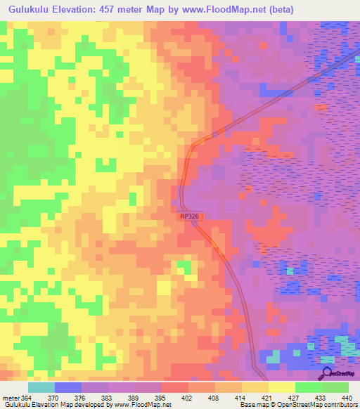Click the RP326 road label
pos(189,218)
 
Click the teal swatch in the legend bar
pos(41,387)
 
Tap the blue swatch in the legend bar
pos(68,387)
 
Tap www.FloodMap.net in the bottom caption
pos(137,405)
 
